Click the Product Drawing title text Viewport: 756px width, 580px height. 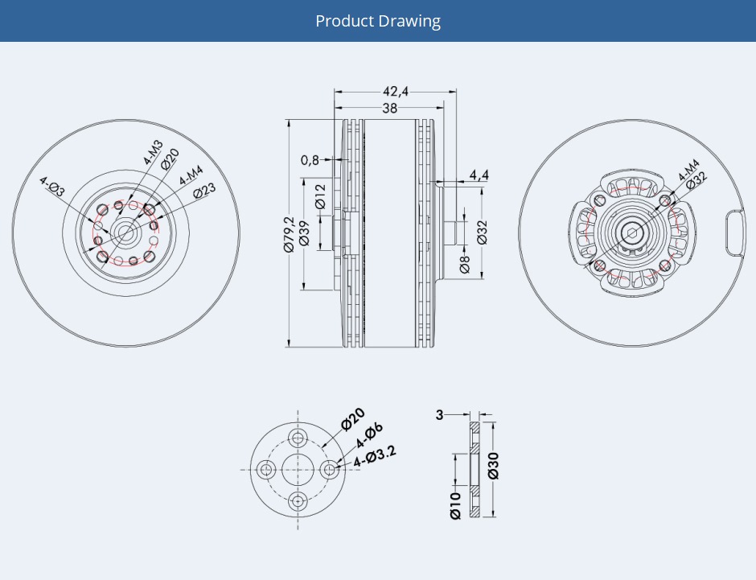[377, 21]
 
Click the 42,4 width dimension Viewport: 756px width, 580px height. [396, 92]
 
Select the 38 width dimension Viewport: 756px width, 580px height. [389, 108]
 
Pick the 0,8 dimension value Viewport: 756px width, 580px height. [310, 160]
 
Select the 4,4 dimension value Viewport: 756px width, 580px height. [479, 175]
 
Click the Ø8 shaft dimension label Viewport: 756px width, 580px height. [465, 264]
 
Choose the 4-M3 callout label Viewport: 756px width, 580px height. [152, 152]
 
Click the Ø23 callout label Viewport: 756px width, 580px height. [204, 189]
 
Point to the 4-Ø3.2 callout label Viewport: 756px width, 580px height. [375, 456]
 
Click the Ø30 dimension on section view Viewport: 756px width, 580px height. [493, 466]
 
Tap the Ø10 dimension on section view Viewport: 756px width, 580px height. [456, 505]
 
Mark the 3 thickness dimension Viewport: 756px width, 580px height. [439, 415]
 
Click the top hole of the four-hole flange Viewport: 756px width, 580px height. [298, 438]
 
